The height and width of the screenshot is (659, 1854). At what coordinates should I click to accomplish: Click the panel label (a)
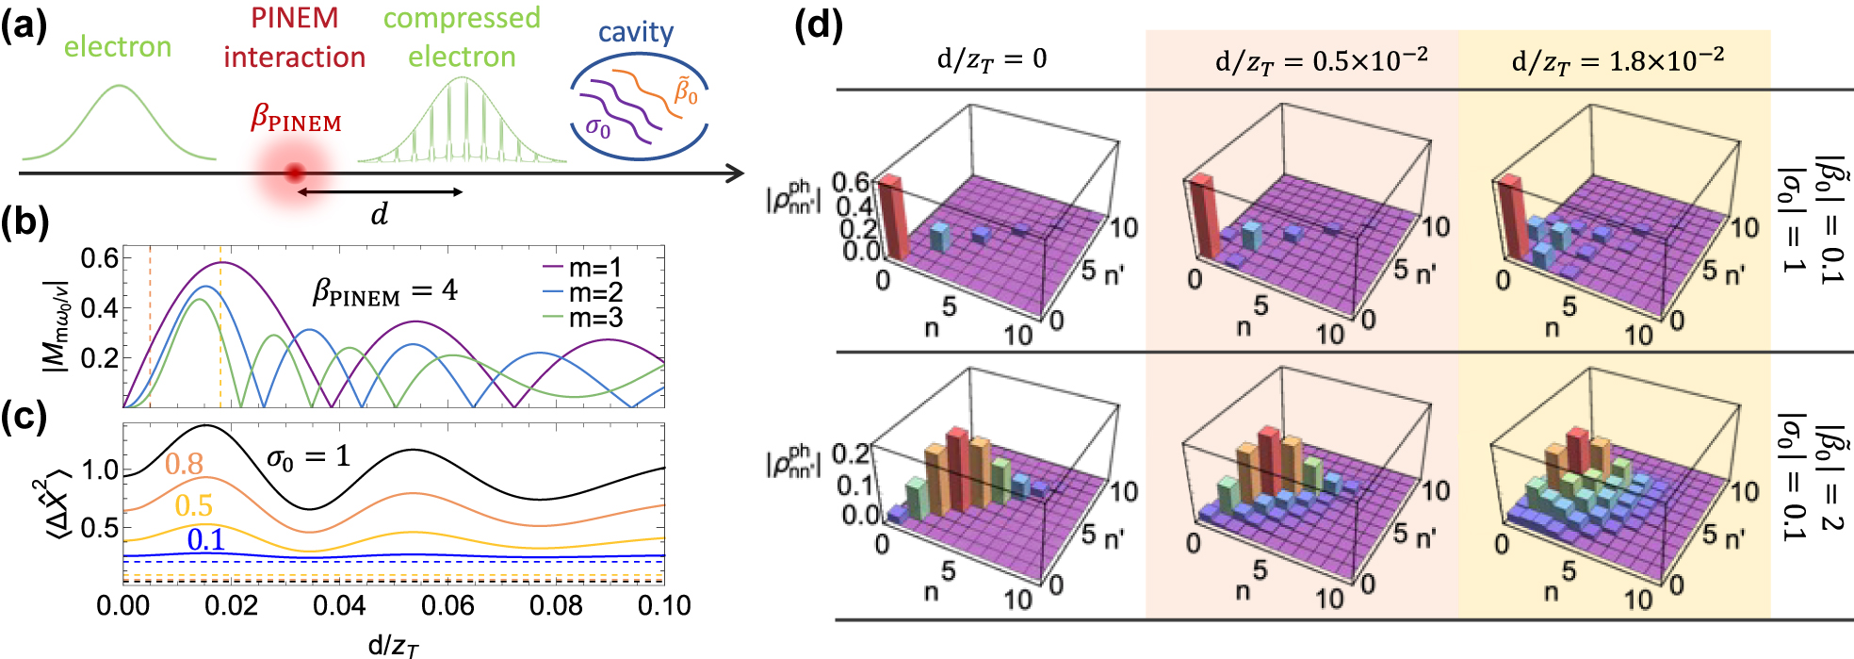coord(24,25)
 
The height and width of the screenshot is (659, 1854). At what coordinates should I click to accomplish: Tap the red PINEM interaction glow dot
coord(295,173)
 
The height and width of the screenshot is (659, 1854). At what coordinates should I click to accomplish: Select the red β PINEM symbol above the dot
coord(296,119)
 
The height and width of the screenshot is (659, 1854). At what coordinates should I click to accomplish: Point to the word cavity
coord(636,32)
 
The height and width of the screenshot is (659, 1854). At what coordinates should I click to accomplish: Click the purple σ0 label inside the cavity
coord(597,127)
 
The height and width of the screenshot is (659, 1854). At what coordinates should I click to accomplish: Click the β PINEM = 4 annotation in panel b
coord(385,292)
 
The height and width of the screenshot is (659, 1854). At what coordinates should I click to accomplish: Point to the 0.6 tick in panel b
coord(100,257)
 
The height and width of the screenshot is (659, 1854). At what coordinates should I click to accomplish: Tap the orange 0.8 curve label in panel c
coord(184,464)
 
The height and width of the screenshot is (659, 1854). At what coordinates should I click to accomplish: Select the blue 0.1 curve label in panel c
coord(205,540)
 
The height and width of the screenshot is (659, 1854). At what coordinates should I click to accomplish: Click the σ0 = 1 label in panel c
coord(308,458)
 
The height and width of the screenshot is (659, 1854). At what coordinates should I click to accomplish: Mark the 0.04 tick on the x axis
coord(339,605)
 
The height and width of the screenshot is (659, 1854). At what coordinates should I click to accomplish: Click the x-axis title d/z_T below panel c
coord(393,646)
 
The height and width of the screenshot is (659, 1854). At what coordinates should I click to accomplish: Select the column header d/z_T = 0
coord(991,59)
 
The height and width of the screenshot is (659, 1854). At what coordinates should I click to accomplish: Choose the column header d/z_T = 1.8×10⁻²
coord(1618,59)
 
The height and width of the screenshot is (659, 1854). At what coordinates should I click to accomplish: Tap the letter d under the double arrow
coord(380,214)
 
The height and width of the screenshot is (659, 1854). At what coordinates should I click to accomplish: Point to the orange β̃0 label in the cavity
coord(686,92)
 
